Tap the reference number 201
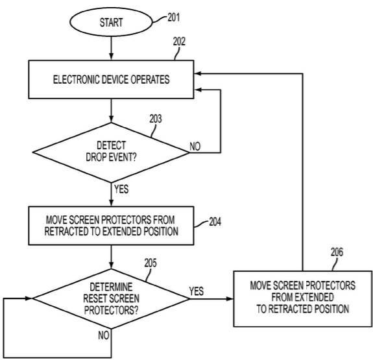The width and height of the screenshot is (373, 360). [x=174, y=18]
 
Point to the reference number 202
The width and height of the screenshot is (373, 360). [x=179, y=42]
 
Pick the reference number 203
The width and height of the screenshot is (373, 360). [x=156, y=119]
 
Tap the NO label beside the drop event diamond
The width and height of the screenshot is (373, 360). [x=195, y=146]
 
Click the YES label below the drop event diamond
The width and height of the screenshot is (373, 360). [x=121, y=189]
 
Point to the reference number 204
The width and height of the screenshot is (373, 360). [x=215, y=222]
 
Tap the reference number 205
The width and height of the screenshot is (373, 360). [x=150, y=263]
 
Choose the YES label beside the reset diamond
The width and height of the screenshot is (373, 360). [x=197, y=291]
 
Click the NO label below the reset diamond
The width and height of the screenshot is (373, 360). [x=104, y=335]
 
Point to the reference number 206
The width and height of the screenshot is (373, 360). [x=337, y=252]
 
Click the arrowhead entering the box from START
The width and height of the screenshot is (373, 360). [x=111, y=57]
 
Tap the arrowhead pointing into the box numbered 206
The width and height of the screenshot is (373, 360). [x=230, y=298]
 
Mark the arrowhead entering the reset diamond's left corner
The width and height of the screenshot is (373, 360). [x=29, y=298]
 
